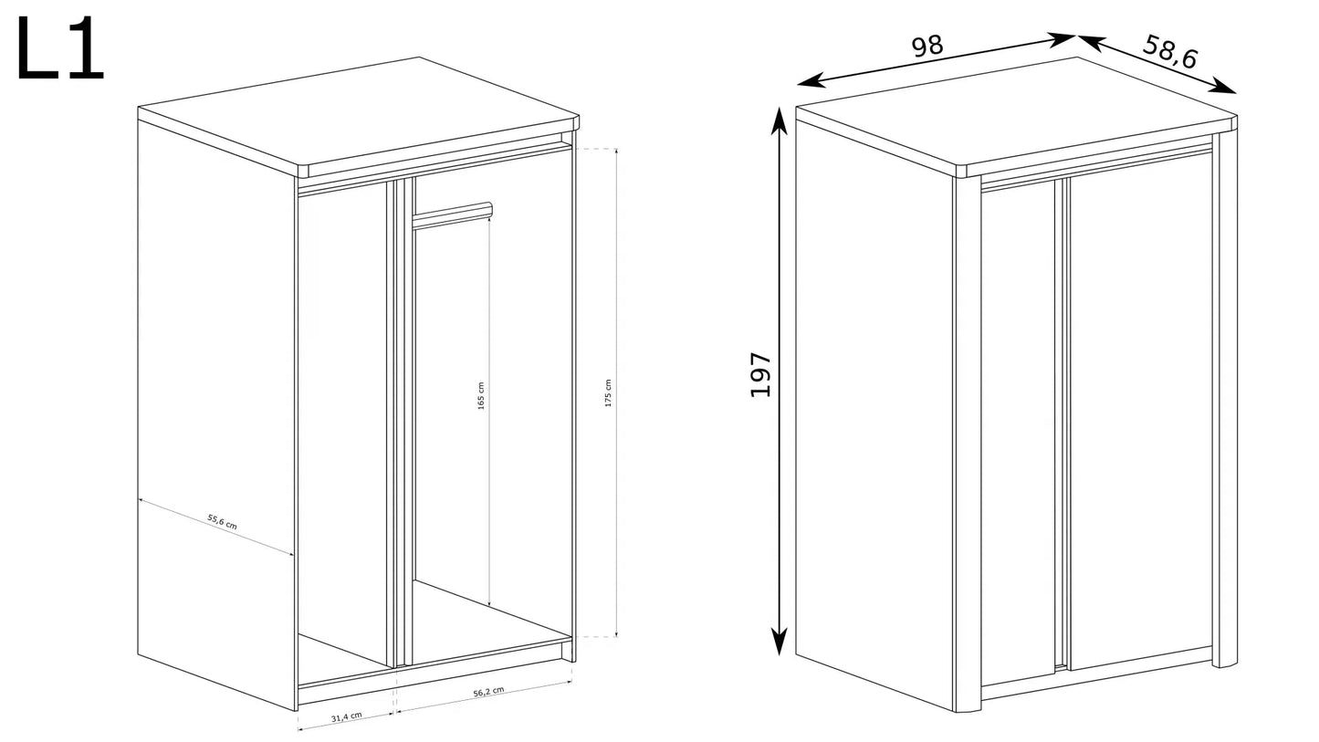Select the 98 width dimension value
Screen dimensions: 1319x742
coord(927,46)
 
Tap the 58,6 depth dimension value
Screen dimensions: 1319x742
coord(1170,51)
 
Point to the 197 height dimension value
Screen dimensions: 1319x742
coord(760,374)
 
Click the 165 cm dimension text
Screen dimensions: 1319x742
coord(480,396)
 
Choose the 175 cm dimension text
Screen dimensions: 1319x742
coord(608,392)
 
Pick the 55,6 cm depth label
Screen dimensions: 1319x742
coord(222,521)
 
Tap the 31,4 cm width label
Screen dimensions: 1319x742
coord(346,716)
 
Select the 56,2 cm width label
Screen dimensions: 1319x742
coord(488,692)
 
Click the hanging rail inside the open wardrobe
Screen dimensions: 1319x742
coord(452,215)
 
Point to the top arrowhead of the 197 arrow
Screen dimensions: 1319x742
coord(779,121)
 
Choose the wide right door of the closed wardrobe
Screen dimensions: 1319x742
coord(1140,410)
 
